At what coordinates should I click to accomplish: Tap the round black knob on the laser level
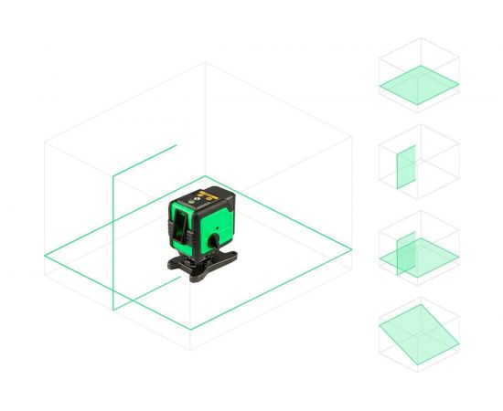[212, 240]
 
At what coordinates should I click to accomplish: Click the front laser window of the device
[183, 225]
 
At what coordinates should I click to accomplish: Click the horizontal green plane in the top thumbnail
[419, 84]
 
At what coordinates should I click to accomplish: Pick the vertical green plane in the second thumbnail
[405, 167]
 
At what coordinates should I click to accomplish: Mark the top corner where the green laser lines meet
[112, 176]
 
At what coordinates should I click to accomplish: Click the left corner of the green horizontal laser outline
[45, 256]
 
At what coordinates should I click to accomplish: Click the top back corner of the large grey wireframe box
[205, 62]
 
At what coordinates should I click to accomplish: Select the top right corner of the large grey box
[352, 138]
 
